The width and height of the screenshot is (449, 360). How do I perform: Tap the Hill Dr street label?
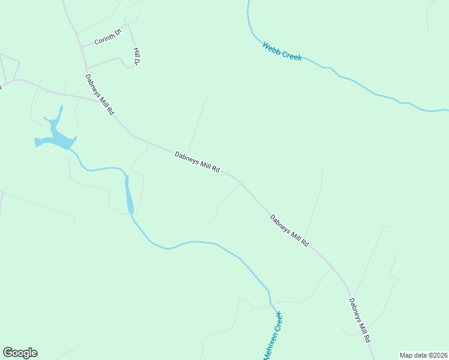(137, 56)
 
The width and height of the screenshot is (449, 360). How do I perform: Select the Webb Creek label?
(282, 51)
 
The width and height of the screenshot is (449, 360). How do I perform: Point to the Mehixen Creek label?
(273, 337)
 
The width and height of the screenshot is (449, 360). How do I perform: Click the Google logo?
(20, 353)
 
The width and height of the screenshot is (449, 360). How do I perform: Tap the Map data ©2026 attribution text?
(424, 355)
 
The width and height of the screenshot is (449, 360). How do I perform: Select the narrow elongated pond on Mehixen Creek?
(128, 196)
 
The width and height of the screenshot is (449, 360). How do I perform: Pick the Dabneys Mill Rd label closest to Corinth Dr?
(99, 94)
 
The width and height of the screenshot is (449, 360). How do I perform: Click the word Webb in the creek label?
(271, 47)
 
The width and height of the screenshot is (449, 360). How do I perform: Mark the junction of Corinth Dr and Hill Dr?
(127, 25)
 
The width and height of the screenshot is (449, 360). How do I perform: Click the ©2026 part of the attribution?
(436, 355)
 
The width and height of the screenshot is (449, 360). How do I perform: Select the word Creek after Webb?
(291, 55)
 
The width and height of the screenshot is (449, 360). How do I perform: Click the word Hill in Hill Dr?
(136, 52)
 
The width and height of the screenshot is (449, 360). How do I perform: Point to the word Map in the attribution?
(406, 355)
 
